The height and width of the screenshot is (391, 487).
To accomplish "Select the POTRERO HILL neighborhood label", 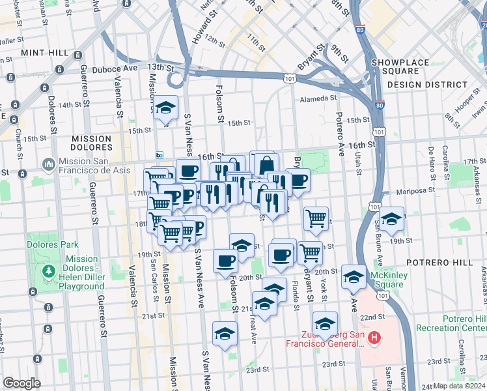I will click(442, 262).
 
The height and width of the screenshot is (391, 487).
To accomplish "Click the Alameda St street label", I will click(318, 99).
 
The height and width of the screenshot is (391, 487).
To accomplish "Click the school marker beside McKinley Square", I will click(354, 278).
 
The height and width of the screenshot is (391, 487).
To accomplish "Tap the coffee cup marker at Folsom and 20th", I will click(225, 261).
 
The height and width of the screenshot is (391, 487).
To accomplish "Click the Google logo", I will click(21, 383).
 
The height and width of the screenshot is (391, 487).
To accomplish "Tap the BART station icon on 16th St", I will click(160, 155).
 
